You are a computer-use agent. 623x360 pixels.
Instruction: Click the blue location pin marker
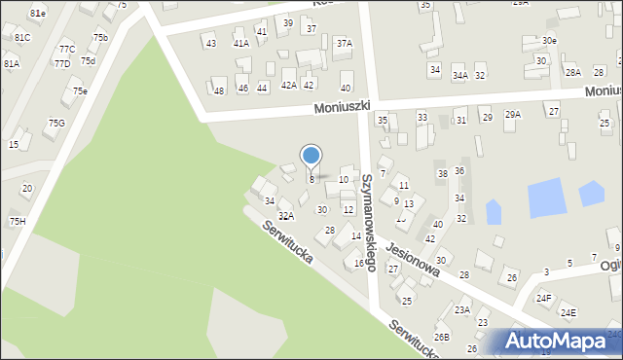coord(311,157)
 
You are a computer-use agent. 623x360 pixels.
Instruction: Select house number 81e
coord(37,13)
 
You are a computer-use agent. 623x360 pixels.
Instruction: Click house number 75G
coord(56,123)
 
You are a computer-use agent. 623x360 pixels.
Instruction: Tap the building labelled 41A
coord(240,43)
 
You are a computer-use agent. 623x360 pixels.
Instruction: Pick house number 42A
coord(288,86)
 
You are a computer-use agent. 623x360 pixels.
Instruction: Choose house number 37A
coord(344,43)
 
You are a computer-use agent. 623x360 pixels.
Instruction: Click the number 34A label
coord(459,75)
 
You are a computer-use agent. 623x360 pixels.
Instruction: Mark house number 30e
coord(550,40)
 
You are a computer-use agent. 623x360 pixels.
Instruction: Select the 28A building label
coord(573,72)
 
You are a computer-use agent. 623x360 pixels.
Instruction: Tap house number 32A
coord(285,216)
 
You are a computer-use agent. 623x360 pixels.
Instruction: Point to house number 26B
coord(442,337)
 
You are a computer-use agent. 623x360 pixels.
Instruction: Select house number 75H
coord(18,221)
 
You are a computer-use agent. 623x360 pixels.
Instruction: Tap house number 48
coord(219,90)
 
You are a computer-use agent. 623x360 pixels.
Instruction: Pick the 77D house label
coord(61,63)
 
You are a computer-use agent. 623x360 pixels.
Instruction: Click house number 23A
coord(461,310)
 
